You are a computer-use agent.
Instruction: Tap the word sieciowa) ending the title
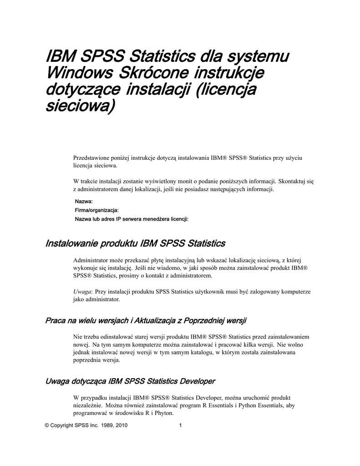[x=79, y=106]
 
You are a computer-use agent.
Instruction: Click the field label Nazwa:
[x=84, y=201]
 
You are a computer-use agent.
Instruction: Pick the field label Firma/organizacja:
[x=96, y=210]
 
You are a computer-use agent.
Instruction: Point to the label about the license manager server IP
[x=132, y=219]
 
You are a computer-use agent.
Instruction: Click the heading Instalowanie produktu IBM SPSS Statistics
[x=135, y=243]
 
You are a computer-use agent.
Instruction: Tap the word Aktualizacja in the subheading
[x=154, y=321]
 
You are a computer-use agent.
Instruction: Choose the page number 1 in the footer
[x=181, y=426]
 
